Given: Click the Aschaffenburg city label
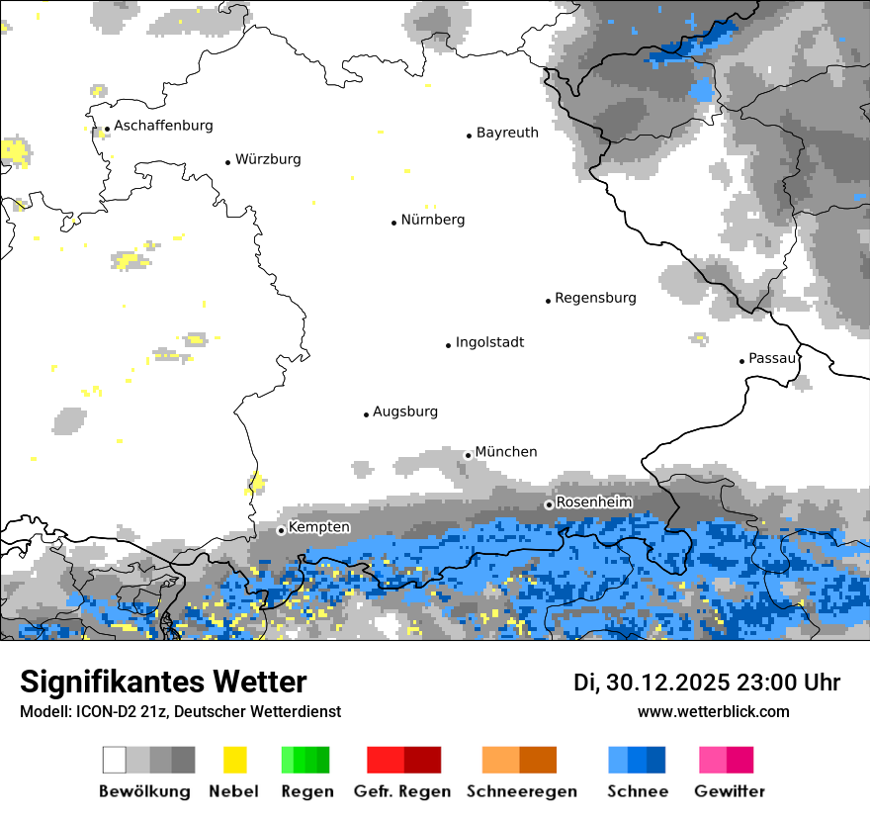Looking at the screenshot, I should tap(163, 126).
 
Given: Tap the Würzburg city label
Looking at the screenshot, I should tap(268, 159).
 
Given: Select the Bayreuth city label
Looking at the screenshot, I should tap(507, 133).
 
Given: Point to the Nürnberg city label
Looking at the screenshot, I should tap(433, 220).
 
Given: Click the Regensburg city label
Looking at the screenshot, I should tap(595, 298).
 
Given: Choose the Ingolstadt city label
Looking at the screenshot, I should tap(489, 342).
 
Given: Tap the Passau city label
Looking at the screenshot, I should tap(772, 358).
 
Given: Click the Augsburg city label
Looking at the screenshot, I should tap(405, 411).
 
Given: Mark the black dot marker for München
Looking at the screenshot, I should tap(469, 455).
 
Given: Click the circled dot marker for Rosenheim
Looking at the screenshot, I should tap(549, 504).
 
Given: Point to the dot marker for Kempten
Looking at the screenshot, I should tap(281, 530).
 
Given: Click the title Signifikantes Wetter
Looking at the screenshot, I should tap(163, 682).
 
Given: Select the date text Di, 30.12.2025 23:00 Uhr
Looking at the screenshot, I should tap(707, 683).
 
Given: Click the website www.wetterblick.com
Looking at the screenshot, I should tap(713, 711).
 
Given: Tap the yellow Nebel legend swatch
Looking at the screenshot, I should tap(234, 760).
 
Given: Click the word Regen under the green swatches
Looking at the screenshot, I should tap(304, 791).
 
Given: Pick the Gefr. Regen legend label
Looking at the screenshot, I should tap(402, 791).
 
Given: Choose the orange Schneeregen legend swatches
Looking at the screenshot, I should tap(519, 760).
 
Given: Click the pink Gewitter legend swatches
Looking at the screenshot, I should tap(726, 760).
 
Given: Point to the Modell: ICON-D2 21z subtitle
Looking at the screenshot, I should tap(180, 711).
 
